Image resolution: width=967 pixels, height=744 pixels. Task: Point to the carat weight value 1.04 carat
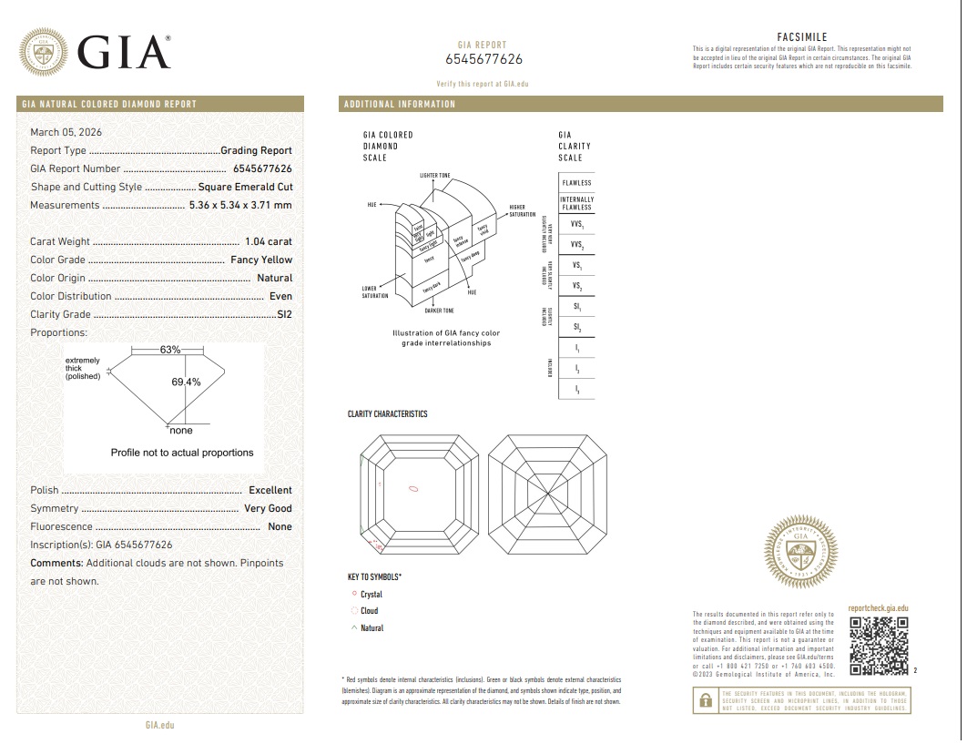click(x=269, y=241)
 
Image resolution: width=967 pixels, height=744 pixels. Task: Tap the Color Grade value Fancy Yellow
click(x=261, y=260)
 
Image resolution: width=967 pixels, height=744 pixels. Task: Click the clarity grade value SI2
click(x=284, y=314)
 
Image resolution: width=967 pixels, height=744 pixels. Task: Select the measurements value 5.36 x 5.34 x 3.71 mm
click(x=240, y=205)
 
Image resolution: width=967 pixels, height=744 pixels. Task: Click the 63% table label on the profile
click(x=170, y=350)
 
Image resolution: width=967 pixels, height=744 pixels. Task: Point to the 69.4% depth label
click(x=186, y=382)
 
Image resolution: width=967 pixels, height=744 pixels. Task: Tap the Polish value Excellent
click(x=270, y=490)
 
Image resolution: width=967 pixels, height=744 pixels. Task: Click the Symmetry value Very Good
click(x=268, y=508)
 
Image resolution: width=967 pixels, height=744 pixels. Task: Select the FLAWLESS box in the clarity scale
click(x=576, y=183)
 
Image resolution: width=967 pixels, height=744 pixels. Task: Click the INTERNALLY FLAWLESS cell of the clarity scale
click(x=576, y=203)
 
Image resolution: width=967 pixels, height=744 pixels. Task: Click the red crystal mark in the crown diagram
click(x=413, y=488)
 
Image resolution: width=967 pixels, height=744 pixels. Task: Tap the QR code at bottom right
click(x=879, y=646)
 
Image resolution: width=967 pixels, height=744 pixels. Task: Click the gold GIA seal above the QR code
click(x=800, y=550)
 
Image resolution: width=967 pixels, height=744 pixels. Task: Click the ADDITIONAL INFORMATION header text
click(x=400, y=104)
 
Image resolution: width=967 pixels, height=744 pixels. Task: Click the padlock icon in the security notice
click(x=705, y=700)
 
